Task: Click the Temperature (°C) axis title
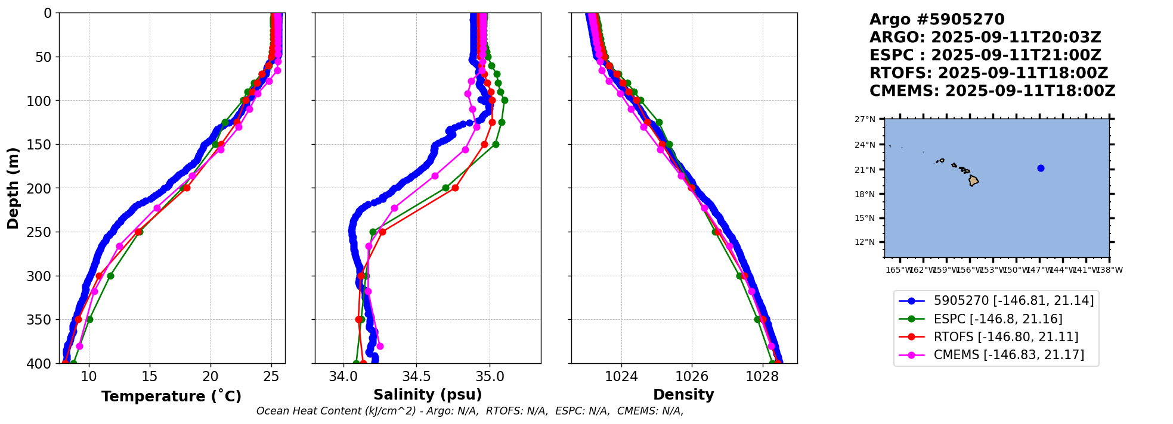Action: coord(171,396)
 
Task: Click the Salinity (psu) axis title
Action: coord(428,395)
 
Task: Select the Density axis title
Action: coord(683,395)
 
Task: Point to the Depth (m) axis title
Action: coord(13,188)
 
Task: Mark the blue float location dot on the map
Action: coord(1041,168)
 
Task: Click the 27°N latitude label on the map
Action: coord(865,119)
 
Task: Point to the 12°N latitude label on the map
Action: coord(865,242)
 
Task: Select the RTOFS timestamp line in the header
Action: coord(988,73)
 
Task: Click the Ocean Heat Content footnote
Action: coord(469,411)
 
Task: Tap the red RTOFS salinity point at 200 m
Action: coord(455,188)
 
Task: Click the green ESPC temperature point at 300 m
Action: coord(110,276)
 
